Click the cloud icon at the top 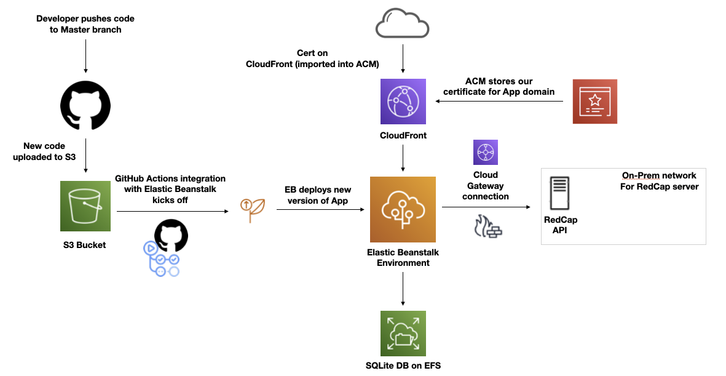pyautogui.click(x=402, y=25)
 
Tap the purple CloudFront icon pyautogui.click(x=403, y=102)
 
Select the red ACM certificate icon pyautogui.click(x=594, y=102)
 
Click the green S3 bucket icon pyautogui.click(x=85, y=206)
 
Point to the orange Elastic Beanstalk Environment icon pyautogui.click(x=403, y=209)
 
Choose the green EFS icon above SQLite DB pyautogui.click(x=403, y=333)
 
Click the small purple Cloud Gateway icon pyautogui.click(x=485, y=152)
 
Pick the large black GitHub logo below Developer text pyautogui.click(x=85, y=106)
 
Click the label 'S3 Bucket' pyautogui.click(x=85, y=245)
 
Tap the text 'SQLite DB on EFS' pyautogui.click(x=403, y=366)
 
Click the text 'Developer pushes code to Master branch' pyautogui.click(x=85, y=24)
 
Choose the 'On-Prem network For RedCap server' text pyautogui.click(x=659, y=181)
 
